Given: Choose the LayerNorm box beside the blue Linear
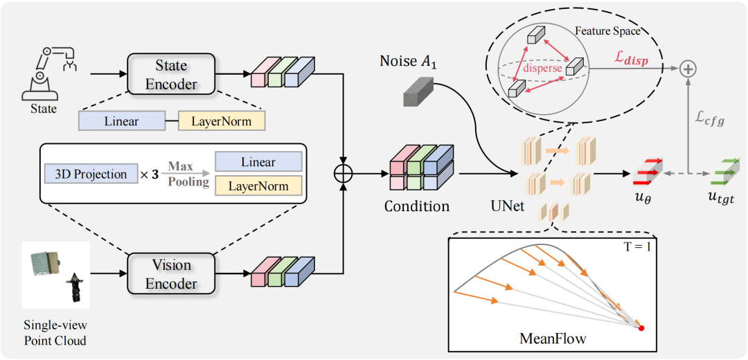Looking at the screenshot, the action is (x=222, y=121).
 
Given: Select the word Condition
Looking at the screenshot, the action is (x=418, y=206).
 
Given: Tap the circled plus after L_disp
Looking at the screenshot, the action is (x=688, y=69).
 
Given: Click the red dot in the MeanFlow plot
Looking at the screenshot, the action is (x=641, y=328).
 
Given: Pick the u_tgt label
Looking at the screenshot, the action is (x=721, y=195).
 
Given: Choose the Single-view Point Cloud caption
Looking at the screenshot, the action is (x=56, y=333).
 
